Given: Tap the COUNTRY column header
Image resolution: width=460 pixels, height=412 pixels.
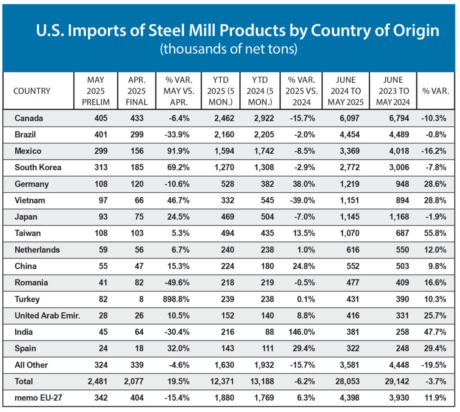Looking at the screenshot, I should tap(32, 91).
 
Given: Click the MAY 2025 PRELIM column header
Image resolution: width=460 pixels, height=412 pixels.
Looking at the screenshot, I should tap(96, 91).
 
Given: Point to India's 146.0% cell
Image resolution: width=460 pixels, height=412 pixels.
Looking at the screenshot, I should tap(299, 332).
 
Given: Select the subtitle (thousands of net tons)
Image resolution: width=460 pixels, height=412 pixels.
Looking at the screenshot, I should tap(229, 49).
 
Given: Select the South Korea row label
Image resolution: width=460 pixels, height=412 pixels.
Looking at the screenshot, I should tap(38, 167).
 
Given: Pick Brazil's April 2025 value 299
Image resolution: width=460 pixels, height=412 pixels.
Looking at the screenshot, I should tap(137, 134).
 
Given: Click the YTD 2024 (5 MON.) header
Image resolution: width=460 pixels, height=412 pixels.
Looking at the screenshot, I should tap(260, 91).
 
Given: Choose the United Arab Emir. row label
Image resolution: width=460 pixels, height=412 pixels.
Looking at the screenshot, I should tap(47, 315).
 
